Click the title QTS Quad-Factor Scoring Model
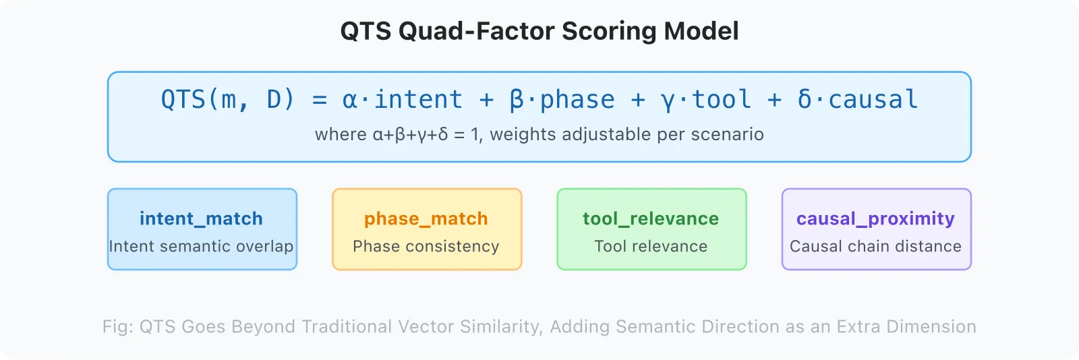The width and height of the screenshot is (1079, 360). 539,31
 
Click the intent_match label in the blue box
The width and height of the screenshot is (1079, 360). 201,218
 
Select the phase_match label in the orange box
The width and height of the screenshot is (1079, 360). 426,218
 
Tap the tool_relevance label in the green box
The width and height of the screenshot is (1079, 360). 651,218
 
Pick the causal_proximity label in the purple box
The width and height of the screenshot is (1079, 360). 875,218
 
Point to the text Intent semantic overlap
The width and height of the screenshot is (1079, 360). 201,246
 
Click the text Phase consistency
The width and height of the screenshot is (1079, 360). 426,246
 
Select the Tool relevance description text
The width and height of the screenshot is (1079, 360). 651,246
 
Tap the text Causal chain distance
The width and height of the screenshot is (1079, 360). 875,246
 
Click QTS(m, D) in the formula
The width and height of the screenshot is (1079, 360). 228,100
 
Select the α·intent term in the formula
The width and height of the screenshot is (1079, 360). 403,100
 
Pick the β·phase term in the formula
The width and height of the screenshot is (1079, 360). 562,100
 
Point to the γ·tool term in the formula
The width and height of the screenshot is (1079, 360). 706,100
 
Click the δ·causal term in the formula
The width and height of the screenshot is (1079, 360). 857,100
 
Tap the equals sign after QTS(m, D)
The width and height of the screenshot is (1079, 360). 320,100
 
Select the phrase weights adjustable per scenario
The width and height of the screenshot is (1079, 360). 626,134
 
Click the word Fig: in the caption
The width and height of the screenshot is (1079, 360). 118,326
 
